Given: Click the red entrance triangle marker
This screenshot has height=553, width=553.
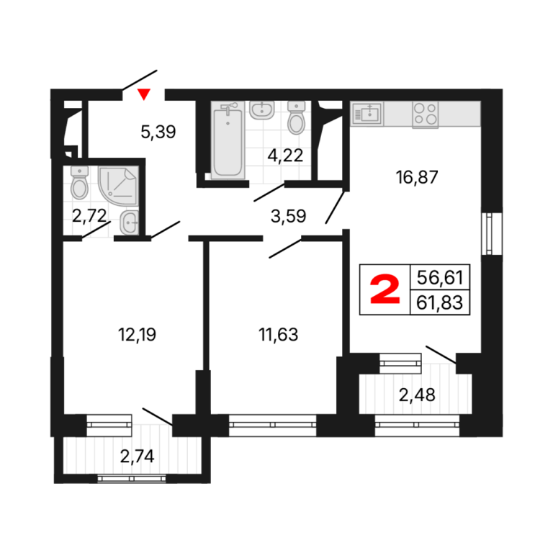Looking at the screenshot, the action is pos(144,94).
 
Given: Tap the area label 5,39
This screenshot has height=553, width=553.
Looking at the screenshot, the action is pos(158,132).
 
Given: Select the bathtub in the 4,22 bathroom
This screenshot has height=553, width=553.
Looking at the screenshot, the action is pos(228,140).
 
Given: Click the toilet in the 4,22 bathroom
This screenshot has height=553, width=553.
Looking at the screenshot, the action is pos(296,117).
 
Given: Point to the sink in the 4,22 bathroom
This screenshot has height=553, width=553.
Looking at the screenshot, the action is pos(262,110).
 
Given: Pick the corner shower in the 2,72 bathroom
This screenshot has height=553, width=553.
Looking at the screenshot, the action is pos(118,186).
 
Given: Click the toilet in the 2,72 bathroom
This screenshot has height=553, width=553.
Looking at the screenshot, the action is pos(80,182).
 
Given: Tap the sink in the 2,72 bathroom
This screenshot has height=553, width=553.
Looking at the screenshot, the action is pos(129,222).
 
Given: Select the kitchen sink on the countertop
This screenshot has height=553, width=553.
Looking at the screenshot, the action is pos(367,114).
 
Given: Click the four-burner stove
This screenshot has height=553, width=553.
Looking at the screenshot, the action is pos(426,114).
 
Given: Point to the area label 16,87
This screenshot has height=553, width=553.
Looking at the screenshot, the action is pos(416,177).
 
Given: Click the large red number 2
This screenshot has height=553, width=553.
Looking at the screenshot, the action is pos(385,290).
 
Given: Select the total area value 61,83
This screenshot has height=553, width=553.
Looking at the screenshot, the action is pos(439,302).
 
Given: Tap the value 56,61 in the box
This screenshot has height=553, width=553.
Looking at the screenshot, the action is pos(439,277).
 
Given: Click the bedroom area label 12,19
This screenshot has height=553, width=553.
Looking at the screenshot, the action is pos(137,334).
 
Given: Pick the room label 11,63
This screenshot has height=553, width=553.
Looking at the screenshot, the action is pos(278,334).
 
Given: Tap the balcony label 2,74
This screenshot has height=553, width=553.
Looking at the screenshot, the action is pos(138,457).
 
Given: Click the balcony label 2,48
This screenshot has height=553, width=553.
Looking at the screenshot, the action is pos(417,395).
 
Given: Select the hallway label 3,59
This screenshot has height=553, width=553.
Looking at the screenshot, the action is pos(288,216).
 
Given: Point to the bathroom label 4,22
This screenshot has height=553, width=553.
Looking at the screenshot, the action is pos(285,156).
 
